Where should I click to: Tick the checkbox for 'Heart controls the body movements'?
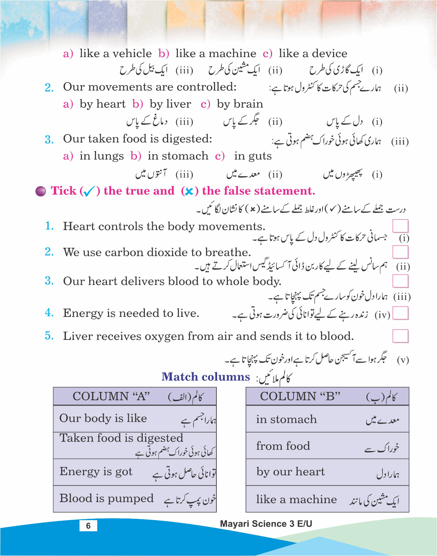pyautogui.click(x=400, y=226)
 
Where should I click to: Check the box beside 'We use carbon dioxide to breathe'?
pyautogui.click(x=400, y=252)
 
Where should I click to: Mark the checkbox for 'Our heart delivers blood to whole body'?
pyautogui.click(x=400, y=281)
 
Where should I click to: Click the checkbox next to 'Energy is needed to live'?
pyautogui.click(x=400, y=313)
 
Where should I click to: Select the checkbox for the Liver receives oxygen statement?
pyautogui.click(x=400, y=336)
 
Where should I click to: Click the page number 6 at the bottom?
pyautogui.click(x=88, y=525)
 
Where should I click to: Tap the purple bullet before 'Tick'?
pyautogui.click(x=41, y=191)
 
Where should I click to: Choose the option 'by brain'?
pyautogui.click(x=240, y=104)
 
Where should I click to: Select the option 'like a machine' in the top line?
pyautogui.click(x=215, y=54)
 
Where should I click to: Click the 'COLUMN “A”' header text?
pyautogui.click(x=111, y=396)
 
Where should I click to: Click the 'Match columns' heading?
pyautogui.click(x=206, y=377)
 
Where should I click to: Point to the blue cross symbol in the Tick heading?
pyautogui.click(x=189, y=191)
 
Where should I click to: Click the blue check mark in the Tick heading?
pyautogui.click(x=89, y=191)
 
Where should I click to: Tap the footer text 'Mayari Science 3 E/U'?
pyautogui.click(x=266, y=524)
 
